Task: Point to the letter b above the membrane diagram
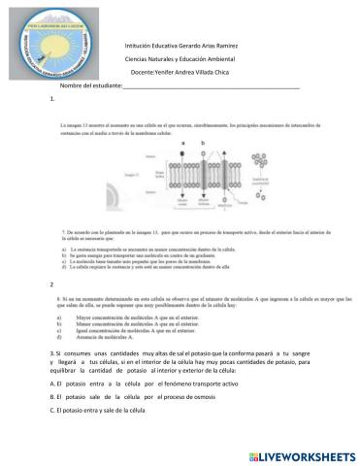pyautogui.click(x=201, y=141)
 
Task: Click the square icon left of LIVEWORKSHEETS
pyautogui.click(x=253, y=454)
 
